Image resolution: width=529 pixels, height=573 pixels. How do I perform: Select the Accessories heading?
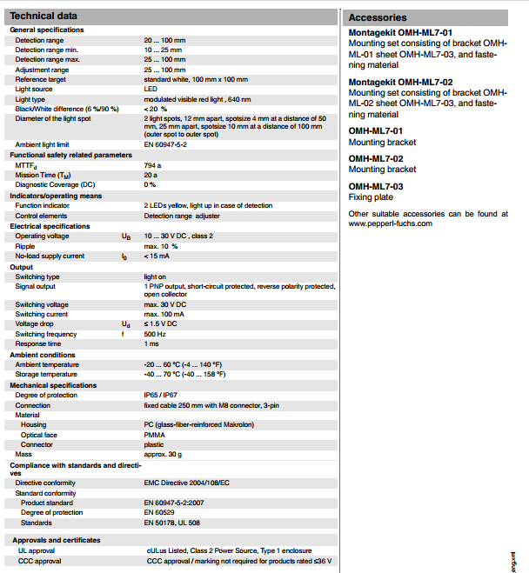click(x=378, y=17)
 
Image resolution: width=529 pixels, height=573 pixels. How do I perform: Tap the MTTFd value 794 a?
click(x=153, y=164)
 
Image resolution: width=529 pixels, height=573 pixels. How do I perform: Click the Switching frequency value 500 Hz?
click(x=156, y=334)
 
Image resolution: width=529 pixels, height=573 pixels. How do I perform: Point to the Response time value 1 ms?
click(x=152, y=343)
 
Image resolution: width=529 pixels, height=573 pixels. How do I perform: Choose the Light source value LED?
click(x=151, y=89)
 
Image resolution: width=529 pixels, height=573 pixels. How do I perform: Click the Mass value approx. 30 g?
click(x=163, y=454)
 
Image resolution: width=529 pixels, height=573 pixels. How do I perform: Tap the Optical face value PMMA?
click(x=156, y=435)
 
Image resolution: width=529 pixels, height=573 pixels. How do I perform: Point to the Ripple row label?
click(x=26, y=246)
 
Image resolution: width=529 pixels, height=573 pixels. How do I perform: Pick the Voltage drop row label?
click(x=35, y=323)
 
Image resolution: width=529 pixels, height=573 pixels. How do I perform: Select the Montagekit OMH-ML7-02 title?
click(x=400, y=83)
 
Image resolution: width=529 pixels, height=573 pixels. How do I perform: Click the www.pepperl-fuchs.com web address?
click(x=390, y=223)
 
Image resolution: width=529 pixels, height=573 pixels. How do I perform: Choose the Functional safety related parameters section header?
click(x=70, y=154)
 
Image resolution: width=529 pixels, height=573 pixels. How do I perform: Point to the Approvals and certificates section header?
click(x=55, y=540)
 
